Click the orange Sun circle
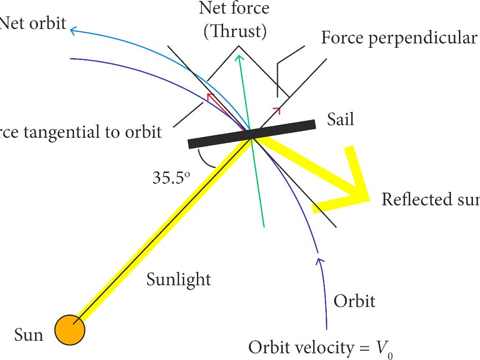tap(70, 330)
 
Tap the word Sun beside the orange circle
tap(29, 335)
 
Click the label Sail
tap(340, 120)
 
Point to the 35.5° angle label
tap(172, 178)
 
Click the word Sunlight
tap(179, 279)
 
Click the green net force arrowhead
tap(240, 58)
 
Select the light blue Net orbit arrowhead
tap(73, 31)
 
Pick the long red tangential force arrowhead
tap(210, 96)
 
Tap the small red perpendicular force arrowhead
tap(277, 110)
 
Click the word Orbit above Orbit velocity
tap(354, 300)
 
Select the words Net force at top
tap(234, 8)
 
